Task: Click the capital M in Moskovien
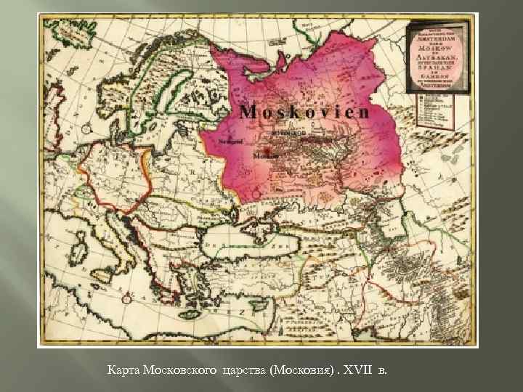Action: point(248,113)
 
